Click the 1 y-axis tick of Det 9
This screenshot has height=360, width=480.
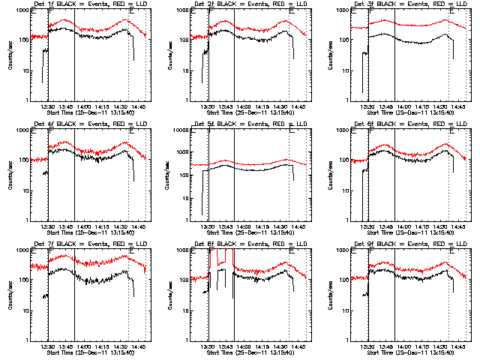coord(348,340)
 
